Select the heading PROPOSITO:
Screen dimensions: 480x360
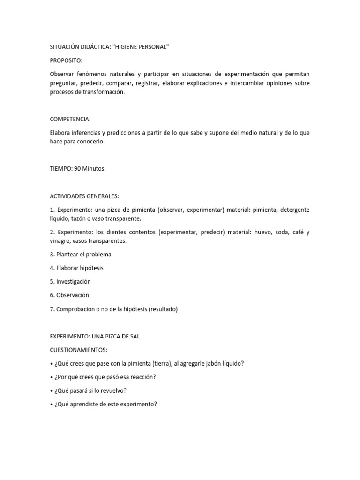click(66, 61)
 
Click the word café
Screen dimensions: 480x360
click(294, 232)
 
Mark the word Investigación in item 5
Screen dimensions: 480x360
click(73, 282)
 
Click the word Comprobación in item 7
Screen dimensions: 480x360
click(77, 309)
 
